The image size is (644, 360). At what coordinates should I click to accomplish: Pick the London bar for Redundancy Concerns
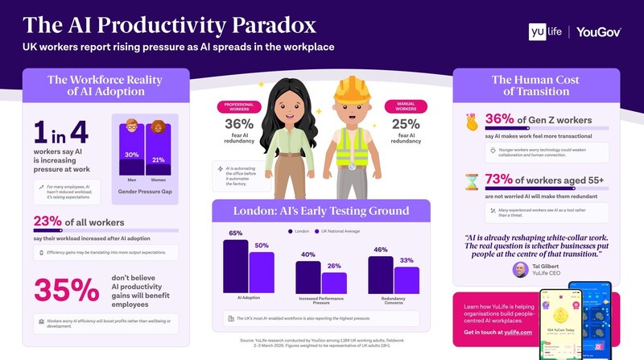(x=381, y=275)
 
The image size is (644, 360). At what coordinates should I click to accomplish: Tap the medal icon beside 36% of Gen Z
(x=473, y=121)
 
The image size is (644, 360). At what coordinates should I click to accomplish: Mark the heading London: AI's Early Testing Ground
(x=320, y=211)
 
